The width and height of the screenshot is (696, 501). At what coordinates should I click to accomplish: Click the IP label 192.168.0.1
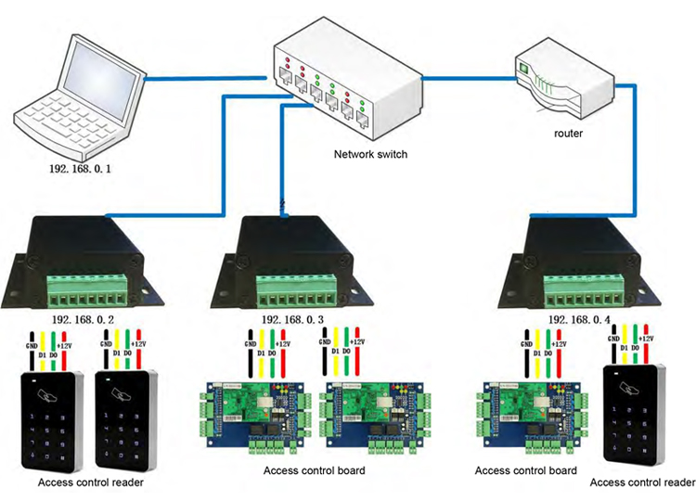click(x=81, y=170)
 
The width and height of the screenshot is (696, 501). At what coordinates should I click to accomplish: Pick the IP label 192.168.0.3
click(x=292, y=319)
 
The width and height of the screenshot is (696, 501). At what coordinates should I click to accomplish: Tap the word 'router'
click(x=568, y=134)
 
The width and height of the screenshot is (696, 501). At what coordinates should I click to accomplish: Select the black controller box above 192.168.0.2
click(x=84, y=260)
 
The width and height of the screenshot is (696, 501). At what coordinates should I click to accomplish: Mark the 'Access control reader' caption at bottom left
click(x=90, y=482)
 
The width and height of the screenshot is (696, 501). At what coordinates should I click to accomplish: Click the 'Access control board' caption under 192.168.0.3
click(x=314, y=470)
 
